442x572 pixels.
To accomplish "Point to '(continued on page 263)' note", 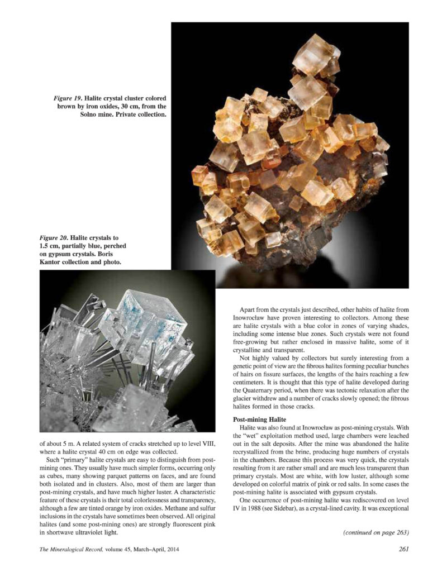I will coord(374,532).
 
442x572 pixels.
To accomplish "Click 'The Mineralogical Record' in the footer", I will coord(65,549).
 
